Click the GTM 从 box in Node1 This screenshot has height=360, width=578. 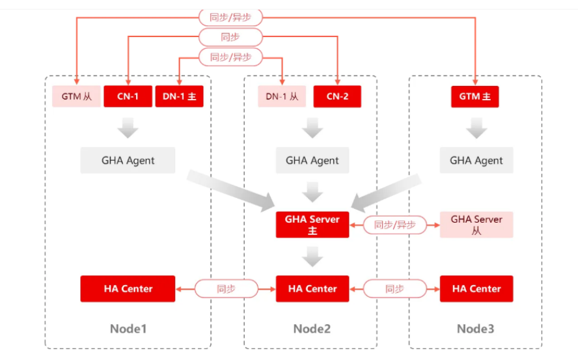click(x=77, y=96)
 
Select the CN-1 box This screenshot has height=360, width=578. click(x=128, y=96)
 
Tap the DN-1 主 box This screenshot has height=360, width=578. click(x=179, y=96)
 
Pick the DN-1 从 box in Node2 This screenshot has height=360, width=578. click(x=282, y=96)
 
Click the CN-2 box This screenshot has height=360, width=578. click(x=337, y=96)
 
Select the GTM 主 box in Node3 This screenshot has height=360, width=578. click(x=475, y=96)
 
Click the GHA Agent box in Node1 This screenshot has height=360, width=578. click(x=128, y=160)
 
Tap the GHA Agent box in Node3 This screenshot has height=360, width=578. click(x=476, y=160)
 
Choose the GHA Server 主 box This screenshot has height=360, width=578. click(x=312, y=225)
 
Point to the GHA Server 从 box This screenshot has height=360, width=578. click(x=476, y=225)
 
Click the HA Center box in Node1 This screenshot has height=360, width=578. click(x=128, y=288)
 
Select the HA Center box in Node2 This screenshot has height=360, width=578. click(x=312, y=288)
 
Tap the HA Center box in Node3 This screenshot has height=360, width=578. click(x=476, y=288)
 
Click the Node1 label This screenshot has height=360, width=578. click(x=128, y=329)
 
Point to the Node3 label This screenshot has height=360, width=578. click(x=475, y=329)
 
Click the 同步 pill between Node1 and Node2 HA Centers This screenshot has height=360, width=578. click(x=226, y=288)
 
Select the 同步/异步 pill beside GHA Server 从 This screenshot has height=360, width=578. click(x=394, y=225)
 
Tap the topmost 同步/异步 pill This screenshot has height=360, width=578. click(x=230, y=18)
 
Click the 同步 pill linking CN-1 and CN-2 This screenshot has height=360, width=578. click(x=230, y=37)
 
